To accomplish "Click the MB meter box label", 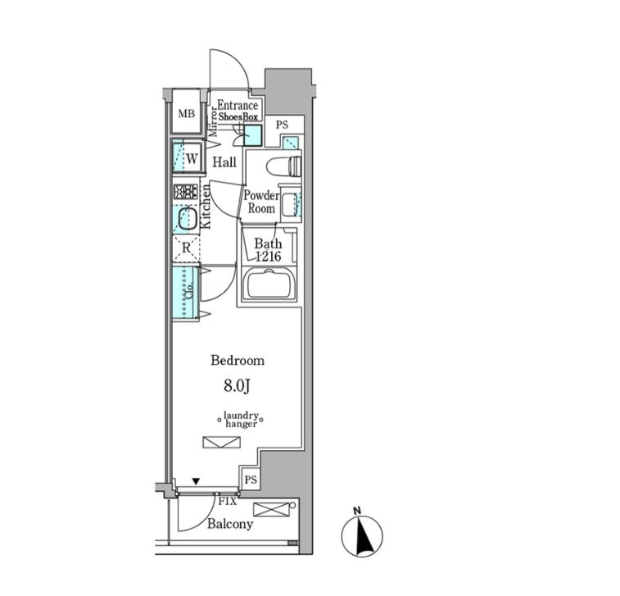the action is pos(186,114).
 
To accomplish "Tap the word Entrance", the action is pos(238,105).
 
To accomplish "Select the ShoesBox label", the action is pos(238,116).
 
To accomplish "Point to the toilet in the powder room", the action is pos(284,166).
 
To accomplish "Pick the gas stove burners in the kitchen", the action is pos(185,192).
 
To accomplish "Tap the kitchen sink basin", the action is pos(188,218).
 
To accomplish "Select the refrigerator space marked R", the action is pos(186,248).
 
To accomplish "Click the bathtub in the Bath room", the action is pos(269,284).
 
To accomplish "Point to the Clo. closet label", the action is pos(190,291).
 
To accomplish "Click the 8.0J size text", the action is pos(237,386).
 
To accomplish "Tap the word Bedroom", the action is pos(238,361).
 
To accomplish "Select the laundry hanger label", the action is pos(241,420).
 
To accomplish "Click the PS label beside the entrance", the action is pos(282,125).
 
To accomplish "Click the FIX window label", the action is pos(228,502).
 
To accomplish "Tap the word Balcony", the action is pos(230,524).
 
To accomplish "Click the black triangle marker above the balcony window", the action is pos(196,481).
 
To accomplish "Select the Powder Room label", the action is pos(261,202).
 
